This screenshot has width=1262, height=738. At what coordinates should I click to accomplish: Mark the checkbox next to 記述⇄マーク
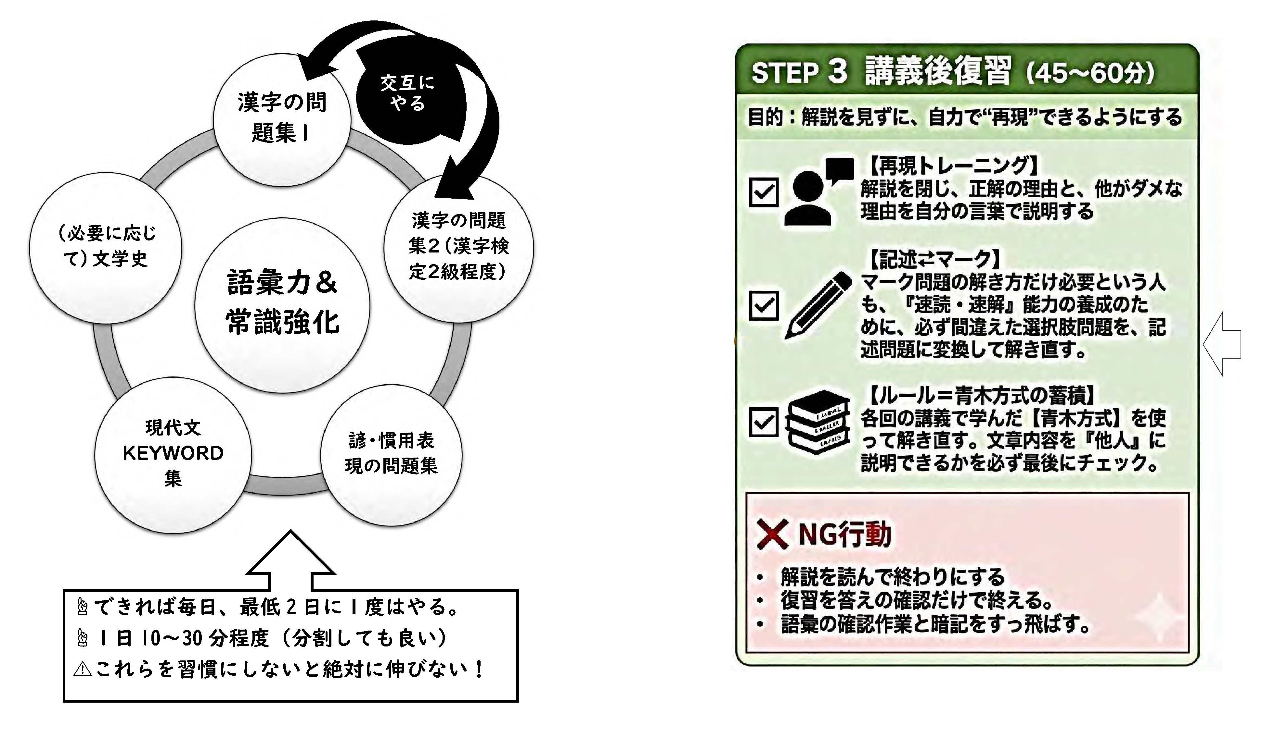764,305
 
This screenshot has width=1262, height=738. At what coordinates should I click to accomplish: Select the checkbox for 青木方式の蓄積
764,422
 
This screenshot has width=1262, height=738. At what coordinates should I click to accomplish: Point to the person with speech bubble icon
816,193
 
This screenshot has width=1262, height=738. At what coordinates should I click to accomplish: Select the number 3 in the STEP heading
837,71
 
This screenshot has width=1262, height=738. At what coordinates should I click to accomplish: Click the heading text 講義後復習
936,71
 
